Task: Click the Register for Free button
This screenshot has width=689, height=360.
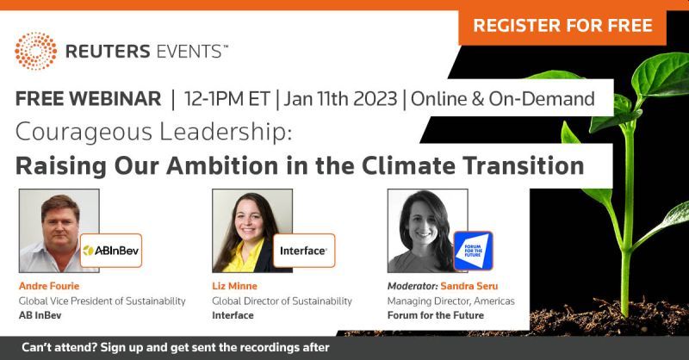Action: tap(562, 26)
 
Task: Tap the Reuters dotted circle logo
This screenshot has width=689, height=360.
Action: tap(35, 51)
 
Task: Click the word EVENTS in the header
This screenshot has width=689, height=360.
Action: tap(189, 52)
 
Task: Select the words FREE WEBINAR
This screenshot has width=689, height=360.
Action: tap(88, 98)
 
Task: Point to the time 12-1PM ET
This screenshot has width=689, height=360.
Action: tap(227, 98)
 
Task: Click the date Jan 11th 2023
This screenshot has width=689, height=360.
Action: tap(340, 98)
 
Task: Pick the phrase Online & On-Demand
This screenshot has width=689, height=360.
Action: tap(503, 98)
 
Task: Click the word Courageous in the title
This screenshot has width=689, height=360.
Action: tap(84, 133)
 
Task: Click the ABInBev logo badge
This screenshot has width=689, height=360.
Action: tap(111, 251)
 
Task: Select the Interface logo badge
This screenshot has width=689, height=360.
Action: tap(304, 251)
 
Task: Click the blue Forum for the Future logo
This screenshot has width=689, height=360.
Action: tap(473, 251)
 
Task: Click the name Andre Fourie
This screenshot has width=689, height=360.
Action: tap(49, 286)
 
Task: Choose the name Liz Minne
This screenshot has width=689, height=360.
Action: tap(234, 286)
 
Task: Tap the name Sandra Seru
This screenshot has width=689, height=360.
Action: tap(469, 286)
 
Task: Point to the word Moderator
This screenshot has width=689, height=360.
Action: tap(413, 286)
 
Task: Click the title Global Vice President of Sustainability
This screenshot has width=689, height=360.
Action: tap(102, 301)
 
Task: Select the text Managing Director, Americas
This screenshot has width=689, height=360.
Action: tap(450, 301)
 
